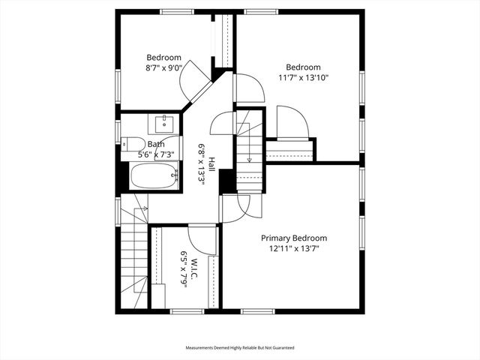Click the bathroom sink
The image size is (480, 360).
pos(163,122)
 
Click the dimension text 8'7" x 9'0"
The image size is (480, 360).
pos(163,67)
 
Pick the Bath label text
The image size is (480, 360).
pos(156,144)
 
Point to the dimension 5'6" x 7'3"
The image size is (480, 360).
pos(156,154)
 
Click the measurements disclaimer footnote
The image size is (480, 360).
pos(240,348)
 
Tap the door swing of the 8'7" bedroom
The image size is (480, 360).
pos(196,75)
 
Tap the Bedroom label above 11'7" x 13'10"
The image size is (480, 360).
pos(303,67)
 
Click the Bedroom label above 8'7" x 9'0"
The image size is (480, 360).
pos(163,58)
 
